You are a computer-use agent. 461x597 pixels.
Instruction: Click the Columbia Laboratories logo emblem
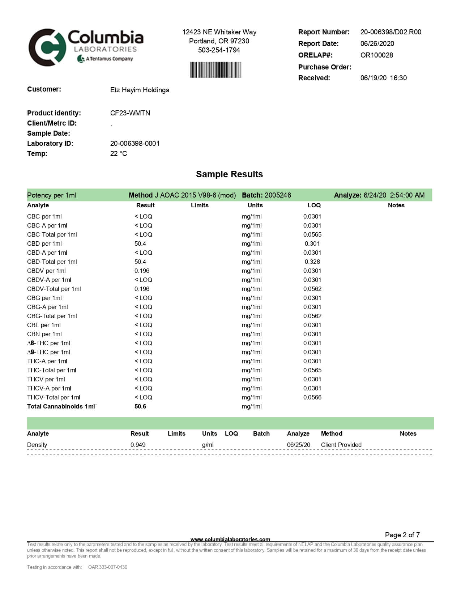pos(47,47)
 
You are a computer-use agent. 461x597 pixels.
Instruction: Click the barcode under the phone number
pos(215,70)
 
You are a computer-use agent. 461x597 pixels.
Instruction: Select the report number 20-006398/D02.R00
pos(390,32)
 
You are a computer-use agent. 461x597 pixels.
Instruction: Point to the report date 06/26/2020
pos(377,43)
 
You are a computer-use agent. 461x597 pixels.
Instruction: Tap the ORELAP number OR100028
pos(376,55)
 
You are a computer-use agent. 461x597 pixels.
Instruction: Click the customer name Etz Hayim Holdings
pos(140,90)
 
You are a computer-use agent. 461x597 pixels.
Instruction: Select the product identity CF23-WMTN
pos(130,113)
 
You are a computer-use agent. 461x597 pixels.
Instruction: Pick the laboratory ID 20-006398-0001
pos(135,143)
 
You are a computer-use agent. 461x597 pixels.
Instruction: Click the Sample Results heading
pos(229,174)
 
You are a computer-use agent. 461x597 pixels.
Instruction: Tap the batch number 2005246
pos(278,195)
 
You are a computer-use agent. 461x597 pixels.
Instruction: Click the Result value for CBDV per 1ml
pos(142,271)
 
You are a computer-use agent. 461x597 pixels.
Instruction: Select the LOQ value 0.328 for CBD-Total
pos(312,262)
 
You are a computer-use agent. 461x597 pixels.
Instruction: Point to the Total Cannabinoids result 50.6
pos(140,406)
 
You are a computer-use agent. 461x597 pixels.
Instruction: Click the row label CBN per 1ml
pos(44,334)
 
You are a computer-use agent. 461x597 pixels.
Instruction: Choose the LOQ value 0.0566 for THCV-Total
pos(312,397)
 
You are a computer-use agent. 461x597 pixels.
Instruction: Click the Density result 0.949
pos(138,445)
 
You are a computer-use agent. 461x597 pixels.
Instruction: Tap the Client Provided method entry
pos(341,445)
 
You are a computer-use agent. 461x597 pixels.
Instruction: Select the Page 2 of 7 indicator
pos(402,535)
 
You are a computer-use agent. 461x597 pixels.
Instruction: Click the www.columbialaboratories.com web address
pos(230,539)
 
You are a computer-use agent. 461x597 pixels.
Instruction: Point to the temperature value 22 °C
pos(119,153)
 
